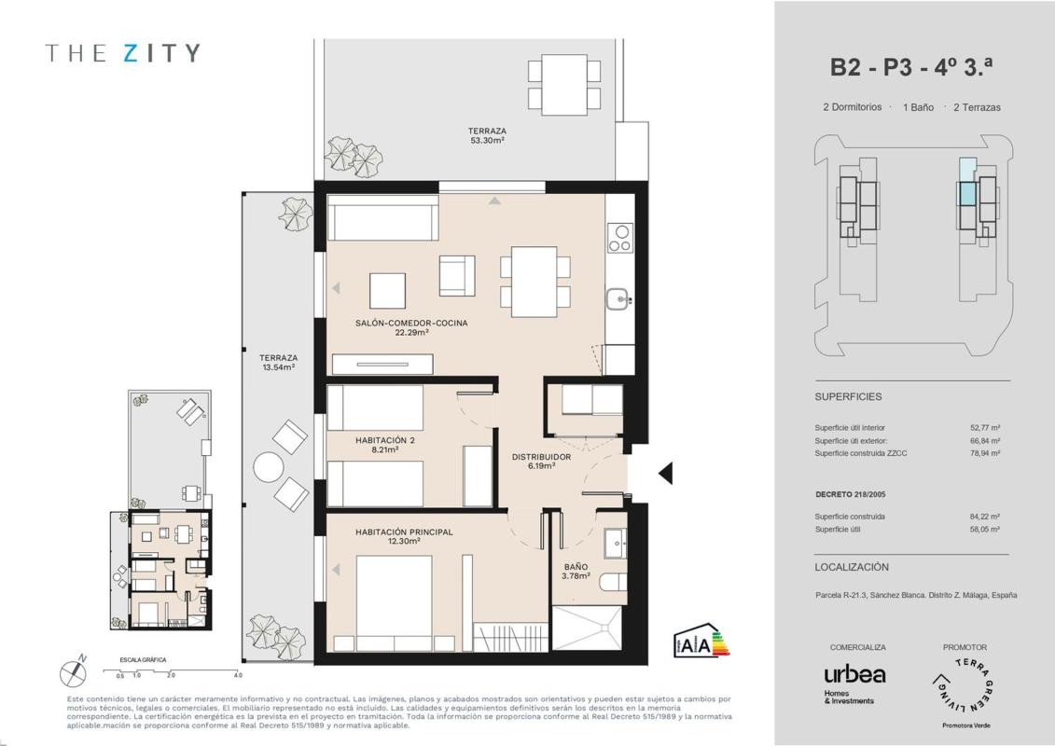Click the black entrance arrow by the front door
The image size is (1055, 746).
(x=666, y=474)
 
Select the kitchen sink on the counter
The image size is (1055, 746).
(x=618, y=297)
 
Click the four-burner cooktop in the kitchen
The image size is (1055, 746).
(x=619, y=238)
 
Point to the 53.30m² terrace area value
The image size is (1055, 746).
(x=487, y=141)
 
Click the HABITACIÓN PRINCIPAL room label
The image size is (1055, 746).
(x=405, y=532)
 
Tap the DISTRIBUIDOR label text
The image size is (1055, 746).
(x=542, y=457)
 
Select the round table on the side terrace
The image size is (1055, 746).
(x=268, y=466)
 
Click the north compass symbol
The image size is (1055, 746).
(x=73, y=672)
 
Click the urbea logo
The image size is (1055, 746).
(x=854, y=674)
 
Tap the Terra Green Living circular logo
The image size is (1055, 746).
(x=965, y=686)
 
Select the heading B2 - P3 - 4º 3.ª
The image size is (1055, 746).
(x=911, y=66)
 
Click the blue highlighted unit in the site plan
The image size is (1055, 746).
(x=967, y=194)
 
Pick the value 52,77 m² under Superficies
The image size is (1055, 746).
(x=985, y=428)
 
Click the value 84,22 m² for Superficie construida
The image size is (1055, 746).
(x=985, y=517)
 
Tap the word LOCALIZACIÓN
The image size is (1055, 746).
(x=852, y=567)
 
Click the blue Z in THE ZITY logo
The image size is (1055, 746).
(x=131, y=53)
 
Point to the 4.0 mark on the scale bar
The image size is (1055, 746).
(x=238, y=675)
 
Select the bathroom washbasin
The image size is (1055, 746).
(x=615, y=543)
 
